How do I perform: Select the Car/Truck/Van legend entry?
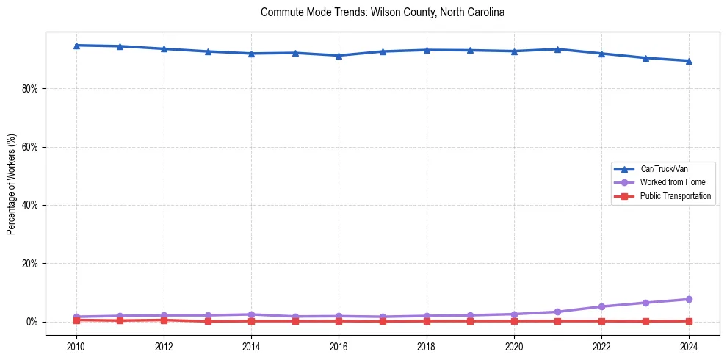[664, 169]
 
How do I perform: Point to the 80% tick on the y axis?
[32, 89]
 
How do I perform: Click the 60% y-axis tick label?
[32, 147]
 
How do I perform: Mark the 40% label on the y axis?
[32, 205]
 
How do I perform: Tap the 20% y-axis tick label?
[32, 263]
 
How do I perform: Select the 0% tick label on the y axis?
[35, 322]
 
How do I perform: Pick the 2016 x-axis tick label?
[339, 345]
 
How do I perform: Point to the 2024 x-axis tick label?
[689, 345]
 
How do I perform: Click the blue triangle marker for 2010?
[76, 46]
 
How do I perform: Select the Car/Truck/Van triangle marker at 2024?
[689, 61]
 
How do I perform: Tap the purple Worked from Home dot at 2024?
[689, 299]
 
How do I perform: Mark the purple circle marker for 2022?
[601, 306]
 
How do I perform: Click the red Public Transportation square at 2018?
[427, 321]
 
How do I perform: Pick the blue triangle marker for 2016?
[339, 56]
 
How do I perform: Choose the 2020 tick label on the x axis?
[514, 345]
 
